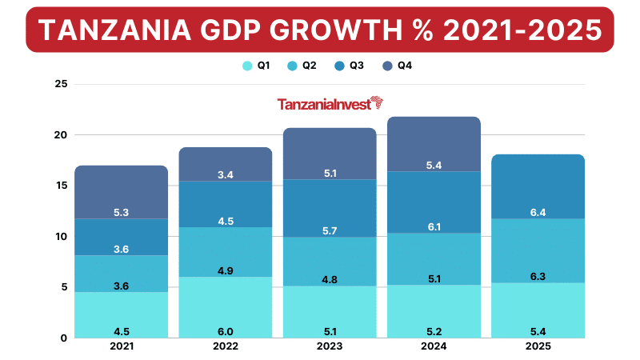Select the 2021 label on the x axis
pos(122,346)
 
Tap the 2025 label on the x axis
pos(538,346)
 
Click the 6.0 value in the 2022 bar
pos(226,330)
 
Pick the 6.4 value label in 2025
pos(538,212)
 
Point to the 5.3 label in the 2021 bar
pos(122,212)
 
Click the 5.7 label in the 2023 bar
pos(330,230)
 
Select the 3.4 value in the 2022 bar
pos(226,174)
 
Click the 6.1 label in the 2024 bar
pos(434,227)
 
